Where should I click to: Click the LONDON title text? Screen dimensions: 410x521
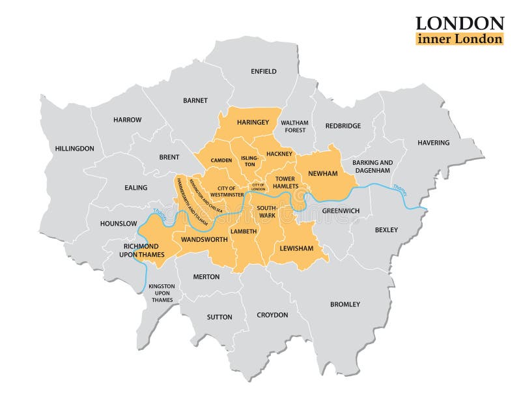[459, 23]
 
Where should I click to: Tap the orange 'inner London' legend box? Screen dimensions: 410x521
[459, 38]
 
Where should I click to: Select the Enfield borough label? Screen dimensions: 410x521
[264, 71]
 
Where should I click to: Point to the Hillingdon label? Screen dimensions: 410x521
[74, 148]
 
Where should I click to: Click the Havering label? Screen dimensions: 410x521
[433, 142]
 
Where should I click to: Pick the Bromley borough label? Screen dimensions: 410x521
[345, 304]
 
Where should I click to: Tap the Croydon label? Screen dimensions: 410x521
[272, 315]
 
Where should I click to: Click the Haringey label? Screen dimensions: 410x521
[253, 122]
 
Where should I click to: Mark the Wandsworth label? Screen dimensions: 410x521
[204, 239]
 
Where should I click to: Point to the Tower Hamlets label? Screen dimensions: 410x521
[285, 182]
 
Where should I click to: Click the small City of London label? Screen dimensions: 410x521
[258, 188]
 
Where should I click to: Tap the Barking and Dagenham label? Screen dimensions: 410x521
[373, 166]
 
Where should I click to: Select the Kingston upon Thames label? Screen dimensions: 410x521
[162, 293]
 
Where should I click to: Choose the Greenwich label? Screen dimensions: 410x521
[341, 211]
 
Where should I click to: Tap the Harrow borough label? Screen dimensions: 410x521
[127, 119]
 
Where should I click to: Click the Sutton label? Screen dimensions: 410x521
[219, 317]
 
